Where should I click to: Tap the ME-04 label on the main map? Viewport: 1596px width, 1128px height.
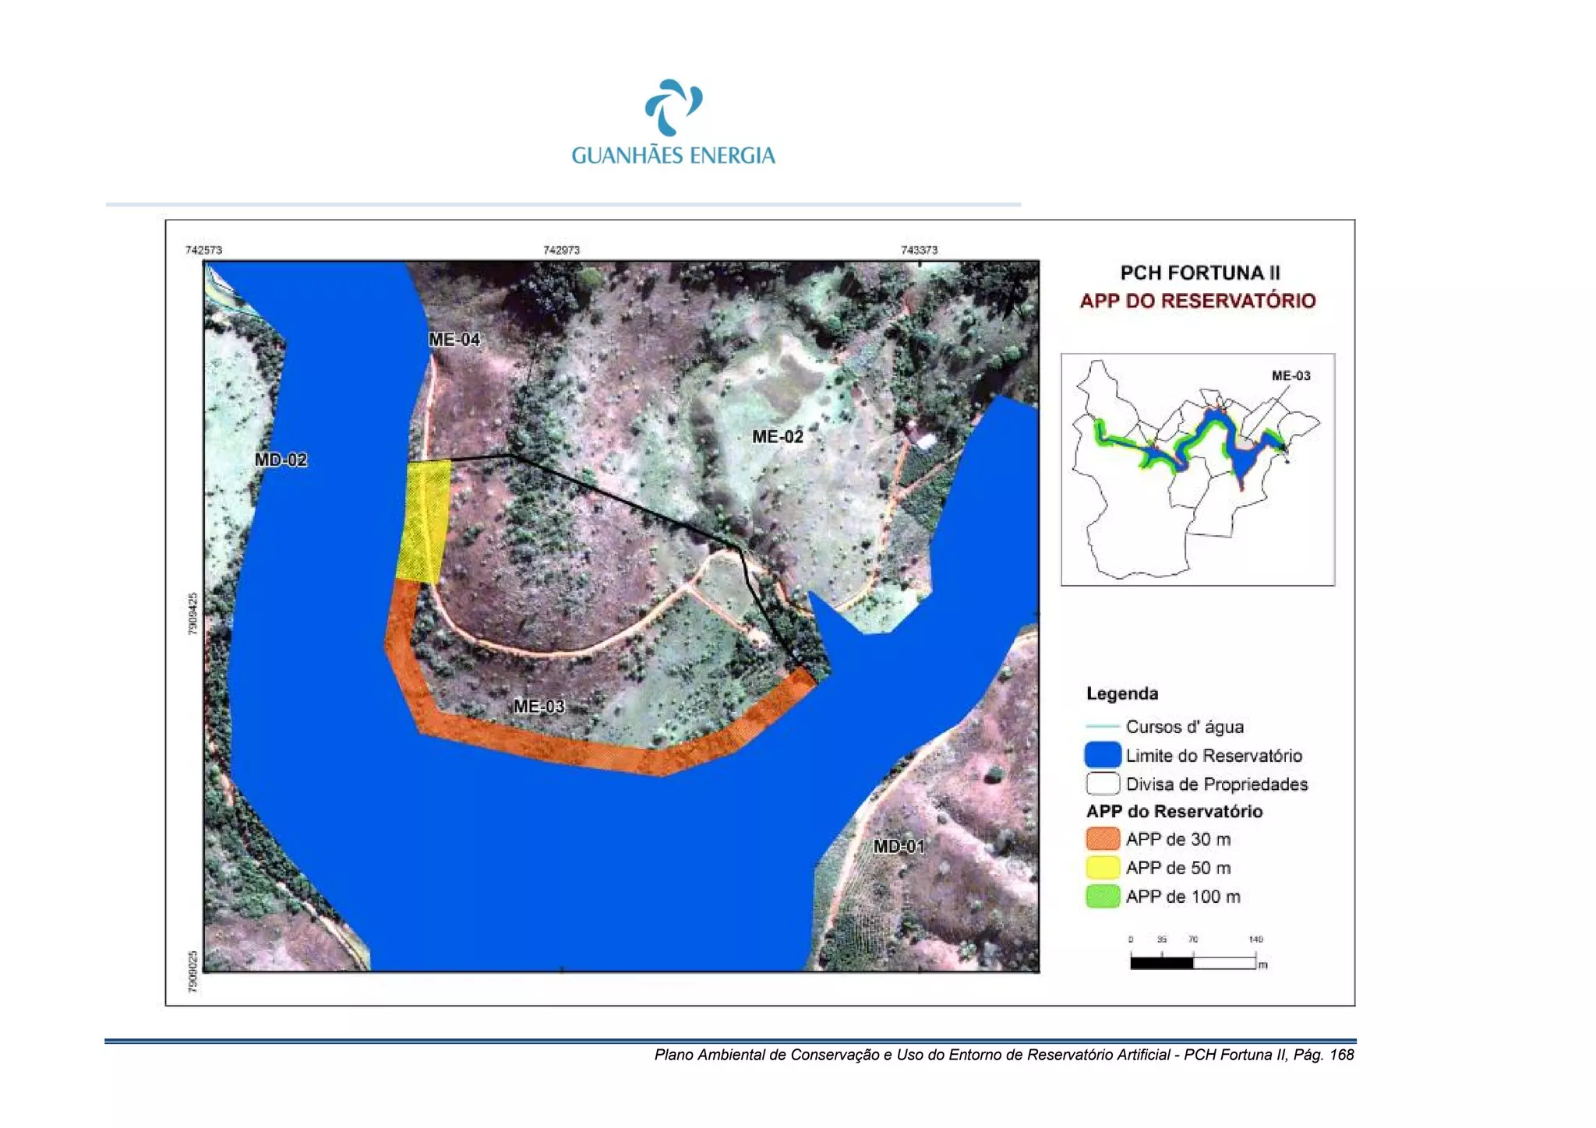coord(454,340)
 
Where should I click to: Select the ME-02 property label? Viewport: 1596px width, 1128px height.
coord(777,437)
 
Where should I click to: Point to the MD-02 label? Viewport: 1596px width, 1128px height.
coord(281,460)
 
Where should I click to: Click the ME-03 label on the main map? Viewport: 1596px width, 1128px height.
coord(538,707)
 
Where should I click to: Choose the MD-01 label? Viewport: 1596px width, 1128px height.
coord(899,846)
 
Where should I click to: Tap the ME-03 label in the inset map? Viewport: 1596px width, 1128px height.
coord(1291,375)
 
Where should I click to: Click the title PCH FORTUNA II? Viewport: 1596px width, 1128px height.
coord(1199,273)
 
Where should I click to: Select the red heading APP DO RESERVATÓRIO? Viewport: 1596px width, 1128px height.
coord(1198,301)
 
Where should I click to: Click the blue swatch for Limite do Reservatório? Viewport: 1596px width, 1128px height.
coord(1103,755)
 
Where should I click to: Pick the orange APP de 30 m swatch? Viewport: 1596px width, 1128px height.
coord(1103,839)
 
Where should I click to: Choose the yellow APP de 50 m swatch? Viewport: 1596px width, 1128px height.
coord(1103,868)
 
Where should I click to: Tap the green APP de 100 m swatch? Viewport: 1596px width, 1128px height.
coord(1103,897)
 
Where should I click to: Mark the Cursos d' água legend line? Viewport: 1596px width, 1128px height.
coord(1103,726)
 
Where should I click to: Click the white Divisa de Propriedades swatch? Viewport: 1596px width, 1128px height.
coord(1103,783)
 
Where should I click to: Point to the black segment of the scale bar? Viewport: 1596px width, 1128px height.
coord(1161,963)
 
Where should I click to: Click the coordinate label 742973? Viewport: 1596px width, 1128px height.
coord(561,250)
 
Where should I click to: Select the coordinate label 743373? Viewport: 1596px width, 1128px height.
coord(919,250)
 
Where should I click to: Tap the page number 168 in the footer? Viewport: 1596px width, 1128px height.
coord(1341,1055)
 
